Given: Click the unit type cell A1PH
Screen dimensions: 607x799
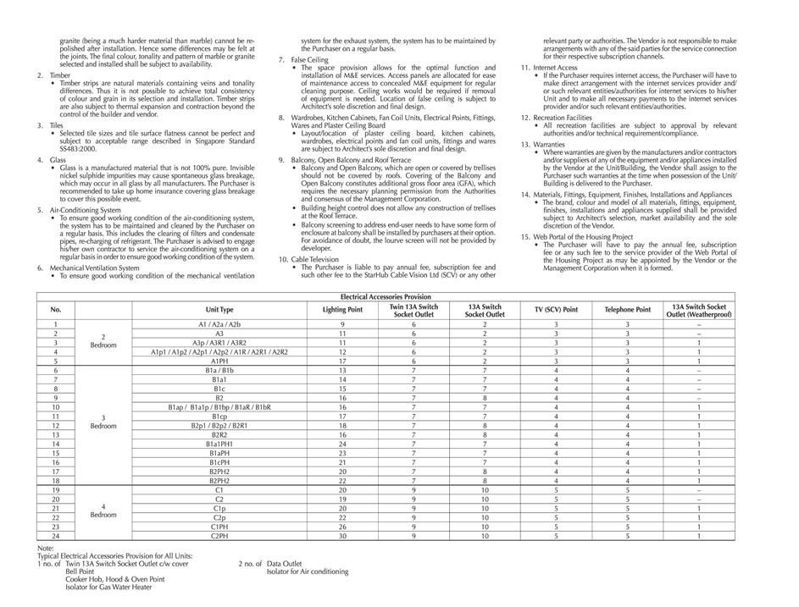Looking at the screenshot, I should [x=219, y=361].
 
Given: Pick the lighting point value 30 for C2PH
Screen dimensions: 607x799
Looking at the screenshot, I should [x=342, y=536].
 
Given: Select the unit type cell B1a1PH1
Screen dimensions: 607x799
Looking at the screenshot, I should [x=219, y=444].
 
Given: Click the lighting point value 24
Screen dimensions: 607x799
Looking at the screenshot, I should [x=342, y=444].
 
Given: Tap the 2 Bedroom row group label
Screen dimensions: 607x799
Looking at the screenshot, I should [x=103, y=342].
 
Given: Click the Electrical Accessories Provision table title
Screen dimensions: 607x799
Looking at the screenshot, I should [x=386, y=297].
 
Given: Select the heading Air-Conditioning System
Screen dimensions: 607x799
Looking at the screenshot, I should [x=85, y=210].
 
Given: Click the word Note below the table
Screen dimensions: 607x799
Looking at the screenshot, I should [x=45, y=548].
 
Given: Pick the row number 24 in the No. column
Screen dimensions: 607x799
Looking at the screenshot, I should [x=56, y=536].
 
